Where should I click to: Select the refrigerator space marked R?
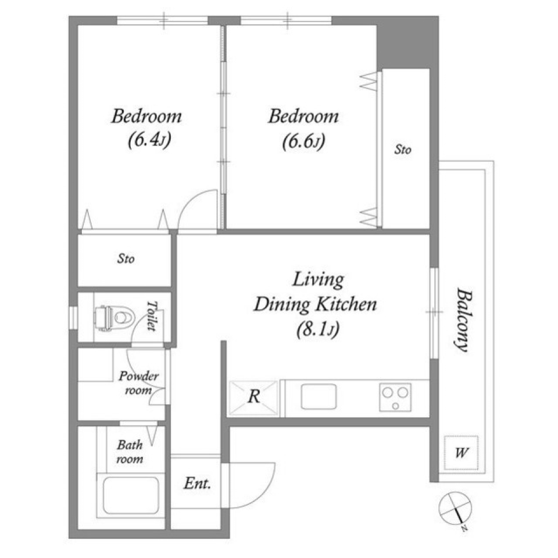pos(253,397)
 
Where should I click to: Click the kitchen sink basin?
pos(319,397)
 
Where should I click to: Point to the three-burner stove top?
pos(395,397)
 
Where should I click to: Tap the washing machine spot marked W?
pos(461,452)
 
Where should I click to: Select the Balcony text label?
pos(462,319)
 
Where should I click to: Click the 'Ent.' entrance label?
pos(197,483)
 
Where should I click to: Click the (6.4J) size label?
pos(146,141)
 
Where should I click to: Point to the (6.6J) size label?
pos(303,141)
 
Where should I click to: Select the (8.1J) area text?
pos(316,330)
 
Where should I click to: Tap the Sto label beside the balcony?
pos(403,150)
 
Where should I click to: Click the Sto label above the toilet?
pos(126,260)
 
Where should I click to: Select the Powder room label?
pos(138,383)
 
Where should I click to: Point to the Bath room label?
pos(130,452)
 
